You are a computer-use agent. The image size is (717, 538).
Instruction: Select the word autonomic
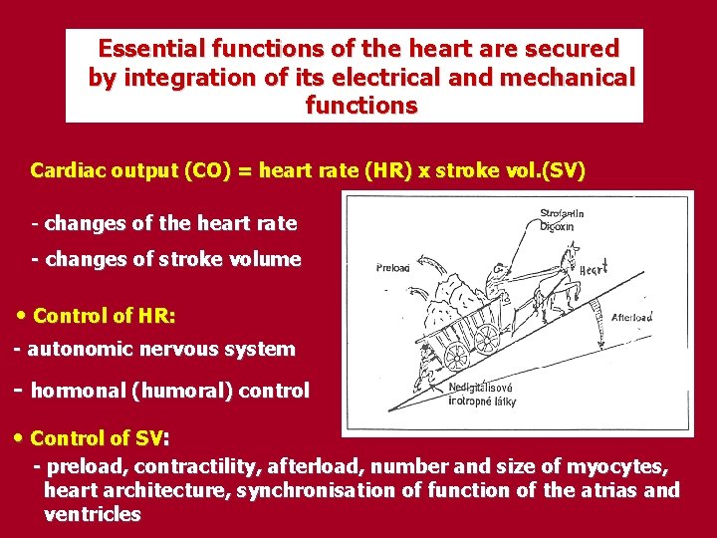tap(75, 349)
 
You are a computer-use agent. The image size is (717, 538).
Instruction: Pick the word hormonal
tap(78, 391)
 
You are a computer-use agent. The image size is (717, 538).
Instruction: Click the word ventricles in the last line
tap(92, 514)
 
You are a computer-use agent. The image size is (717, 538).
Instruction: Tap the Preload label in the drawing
tap(394, 267)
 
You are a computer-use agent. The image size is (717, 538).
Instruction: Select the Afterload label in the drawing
tap(631, 317)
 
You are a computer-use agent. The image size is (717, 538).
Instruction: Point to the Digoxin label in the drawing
tap(557, 226)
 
